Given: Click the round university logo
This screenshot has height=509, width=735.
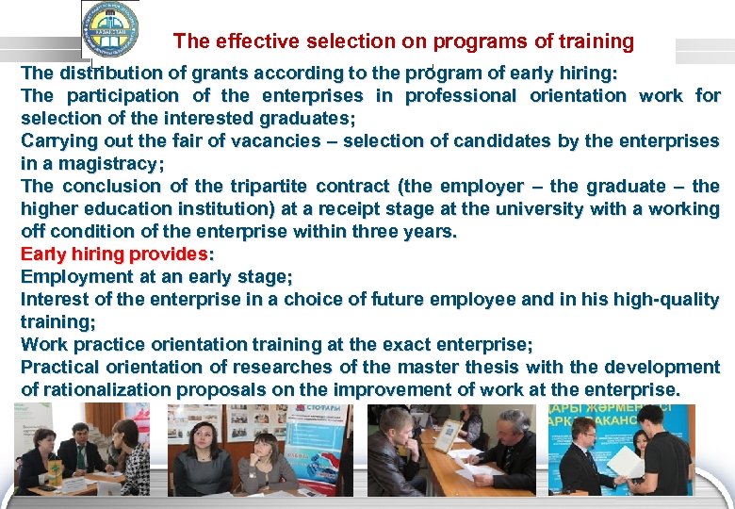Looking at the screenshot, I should pos(109,30).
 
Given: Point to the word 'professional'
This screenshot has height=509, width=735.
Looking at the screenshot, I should pos(461,95).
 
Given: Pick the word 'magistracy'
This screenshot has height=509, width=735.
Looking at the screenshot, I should pos(107,163).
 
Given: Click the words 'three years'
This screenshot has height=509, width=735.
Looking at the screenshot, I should pos(407,231).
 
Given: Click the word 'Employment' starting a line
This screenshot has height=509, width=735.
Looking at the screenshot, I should pos(73,276).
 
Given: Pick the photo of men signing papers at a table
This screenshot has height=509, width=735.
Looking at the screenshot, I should pos(451,451).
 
